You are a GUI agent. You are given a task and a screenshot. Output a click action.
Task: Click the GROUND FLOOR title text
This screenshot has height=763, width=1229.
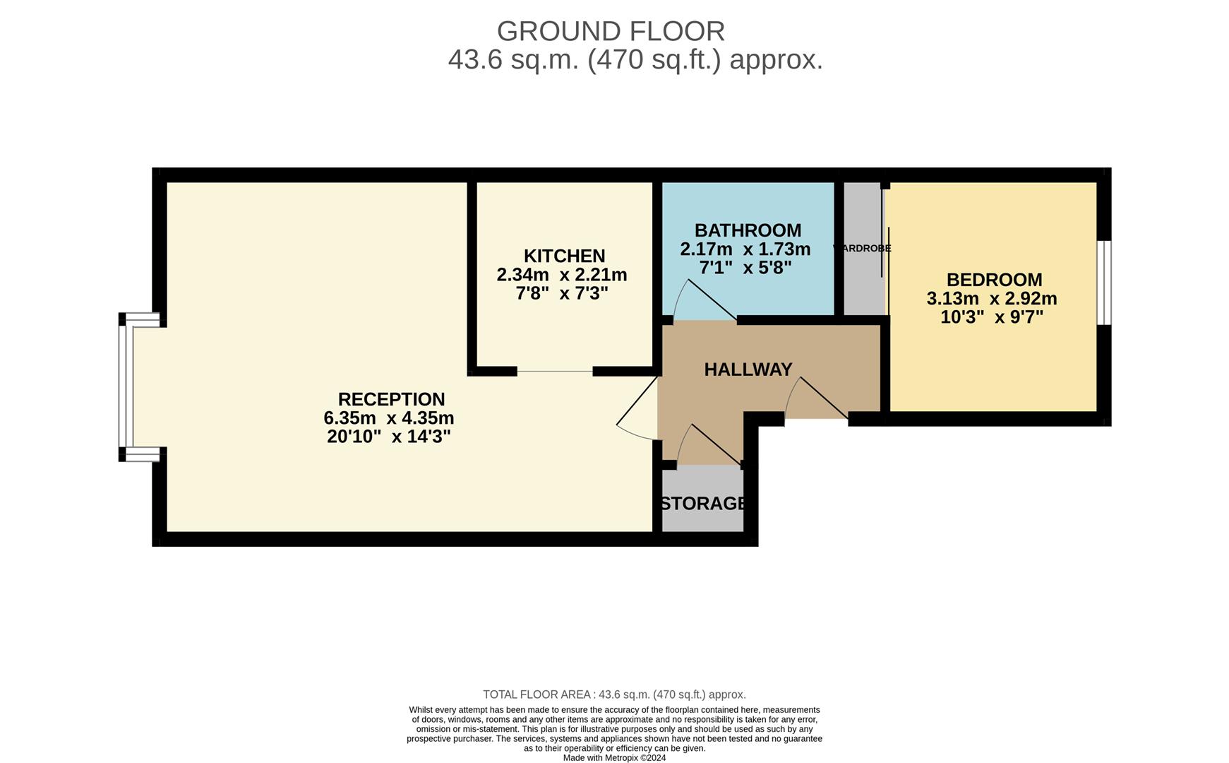pos(611,32)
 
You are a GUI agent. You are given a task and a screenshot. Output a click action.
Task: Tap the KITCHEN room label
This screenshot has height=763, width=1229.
pos(564,256)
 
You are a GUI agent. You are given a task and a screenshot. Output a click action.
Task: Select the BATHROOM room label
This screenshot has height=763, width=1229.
pos(748,230)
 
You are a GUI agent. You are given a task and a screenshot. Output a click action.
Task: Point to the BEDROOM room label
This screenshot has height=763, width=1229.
pos(994,280)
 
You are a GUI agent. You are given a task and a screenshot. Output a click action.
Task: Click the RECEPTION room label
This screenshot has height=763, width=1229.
pos(391,399)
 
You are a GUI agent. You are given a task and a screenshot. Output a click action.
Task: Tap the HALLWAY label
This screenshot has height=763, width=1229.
pos(748,369)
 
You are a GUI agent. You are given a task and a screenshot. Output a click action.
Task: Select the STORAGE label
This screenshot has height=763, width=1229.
pos(703,504)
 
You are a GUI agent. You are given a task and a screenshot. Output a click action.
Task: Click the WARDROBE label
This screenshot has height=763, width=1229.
pos(863,249)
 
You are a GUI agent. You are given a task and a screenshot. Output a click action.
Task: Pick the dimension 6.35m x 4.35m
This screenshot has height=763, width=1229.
pos(388,418)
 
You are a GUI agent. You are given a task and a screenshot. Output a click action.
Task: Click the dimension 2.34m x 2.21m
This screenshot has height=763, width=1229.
pos(562,274)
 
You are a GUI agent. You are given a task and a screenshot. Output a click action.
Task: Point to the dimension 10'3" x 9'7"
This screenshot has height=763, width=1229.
pos(991,317)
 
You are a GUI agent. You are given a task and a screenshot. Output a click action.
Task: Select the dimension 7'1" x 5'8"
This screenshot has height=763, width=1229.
pos(745,268)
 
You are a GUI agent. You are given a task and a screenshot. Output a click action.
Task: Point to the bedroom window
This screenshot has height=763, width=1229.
pos(1105,283)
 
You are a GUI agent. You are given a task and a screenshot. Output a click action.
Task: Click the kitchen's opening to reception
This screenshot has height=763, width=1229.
pos(555,371)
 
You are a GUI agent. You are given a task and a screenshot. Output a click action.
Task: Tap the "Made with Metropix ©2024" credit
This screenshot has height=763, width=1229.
pos(614,758)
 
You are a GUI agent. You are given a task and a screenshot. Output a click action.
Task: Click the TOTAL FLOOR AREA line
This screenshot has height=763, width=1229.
pos(614,694)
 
